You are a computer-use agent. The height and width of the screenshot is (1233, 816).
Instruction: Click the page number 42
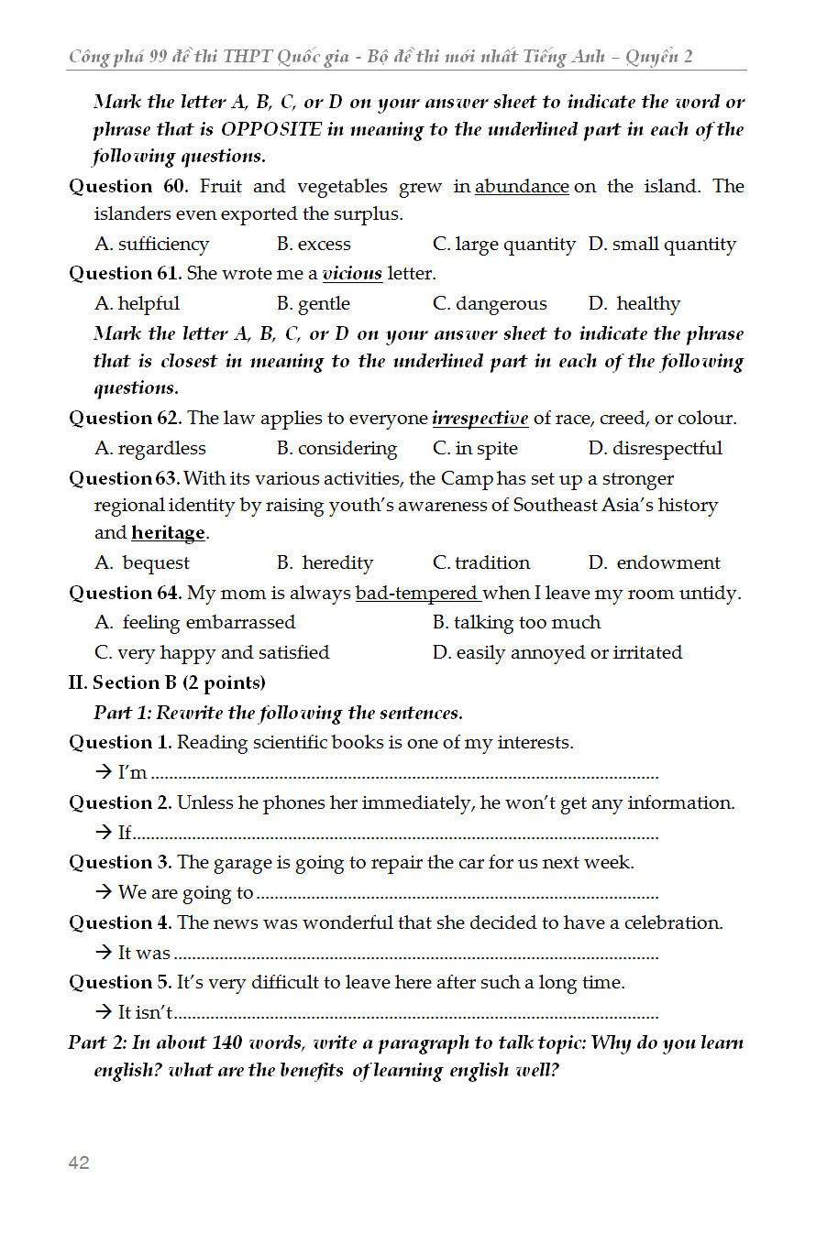coord(79,1162)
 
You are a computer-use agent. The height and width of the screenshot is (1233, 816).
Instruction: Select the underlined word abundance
coord(522,187)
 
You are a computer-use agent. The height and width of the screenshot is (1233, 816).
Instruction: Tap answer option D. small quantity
coord(662,245)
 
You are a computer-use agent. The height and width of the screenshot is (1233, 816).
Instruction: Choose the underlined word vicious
coord(352,274)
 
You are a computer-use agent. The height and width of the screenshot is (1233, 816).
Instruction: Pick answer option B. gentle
coord(314,304)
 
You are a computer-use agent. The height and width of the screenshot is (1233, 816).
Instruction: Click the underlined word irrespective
coord(480,419)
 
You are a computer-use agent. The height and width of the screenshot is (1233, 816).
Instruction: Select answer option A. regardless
coord(150,449)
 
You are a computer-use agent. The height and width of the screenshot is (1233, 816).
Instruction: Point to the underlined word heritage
coord(168,533)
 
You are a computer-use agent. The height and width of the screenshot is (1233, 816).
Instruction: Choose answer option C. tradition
coord(481,563)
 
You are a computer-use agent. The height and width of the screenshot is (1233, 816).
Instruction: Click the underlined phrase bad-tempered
coord(417,594)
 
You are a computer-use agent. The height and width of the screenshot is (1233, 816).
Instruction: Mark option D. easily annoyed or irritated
coord(557,653)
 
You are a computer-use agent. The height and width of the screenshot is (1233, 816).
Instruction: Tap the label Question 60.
coord(129,187)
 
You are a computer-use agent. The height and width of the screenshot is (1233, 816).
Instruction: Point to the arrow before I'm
coord(103,772)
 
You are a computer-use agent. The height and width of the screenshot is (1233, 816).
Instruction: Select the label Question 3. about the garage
coord(120,863)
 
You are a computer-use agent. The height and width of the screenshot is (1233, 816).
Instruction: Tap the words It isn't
coord(146,1013)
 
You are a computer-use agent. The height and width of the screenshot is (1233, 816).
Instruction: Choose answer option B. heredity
coord(325,563)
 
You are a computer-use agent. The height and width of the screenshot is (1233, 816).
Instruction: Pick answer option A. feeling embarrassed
coord(195,623)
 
